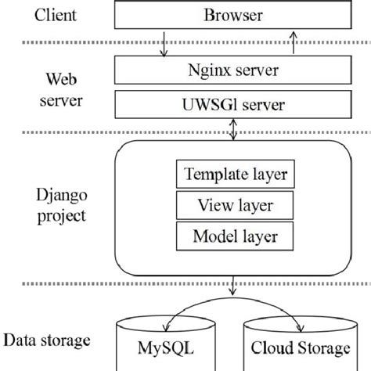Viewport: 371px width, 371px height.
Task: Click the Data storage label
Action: pos(48,341)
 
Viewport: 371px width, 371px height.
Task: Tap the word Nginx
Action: pos(208,72)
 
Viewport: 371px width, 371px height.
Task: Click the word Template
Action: pos(210,175)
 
